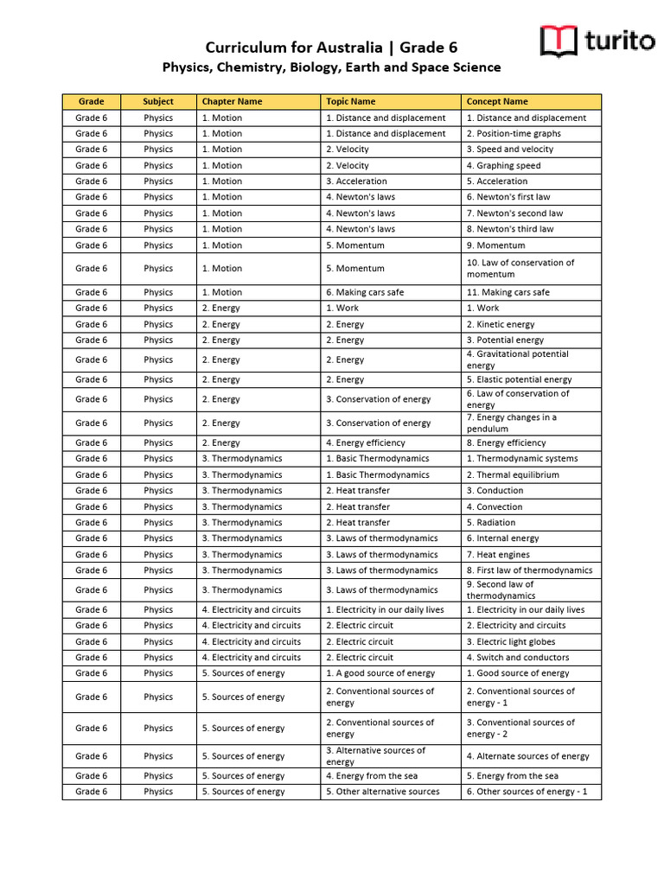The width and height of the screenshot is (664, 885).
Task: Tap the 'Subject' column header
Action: [158, 102]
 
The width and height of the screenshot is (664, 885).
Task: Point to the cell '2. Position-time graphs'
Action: [514, 134]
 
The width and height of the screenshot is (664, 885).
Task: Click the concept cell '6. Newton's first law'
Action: [508, 197]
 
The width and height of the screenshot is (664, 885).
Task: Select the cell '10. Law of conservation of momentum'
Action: [520, 268]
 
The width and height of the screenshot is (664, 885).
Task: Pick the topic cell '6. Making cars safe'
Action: [365, 292]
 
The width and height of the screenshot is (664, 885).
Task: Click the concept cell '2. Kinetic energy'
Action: [501, 324]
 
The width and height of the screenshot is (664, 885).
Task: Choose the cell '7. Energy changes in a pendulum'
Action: [512, 423]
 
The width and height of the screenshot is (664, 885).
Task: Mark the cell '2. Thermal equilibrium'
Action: [513, 474]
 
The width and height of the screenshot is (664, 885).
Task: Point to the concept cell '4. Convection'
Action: [495, 506]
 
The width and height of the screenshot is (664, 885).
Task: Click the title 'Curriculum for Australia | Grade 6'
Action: [331, 47]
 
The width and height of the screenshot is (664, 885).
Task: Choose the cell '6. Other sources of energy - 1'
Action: [527, 792]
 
